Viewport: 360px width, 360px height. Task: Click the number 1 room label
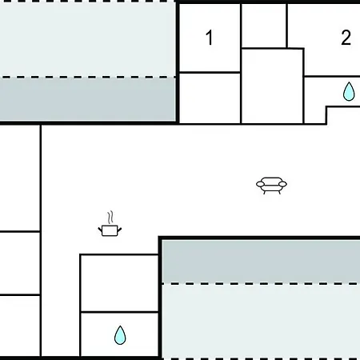[x=210, y=38]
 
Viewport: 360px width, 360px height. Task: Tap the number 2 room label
[x=346, y=38]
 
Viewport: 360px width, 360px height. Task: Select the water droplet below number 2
[x=349, y=91]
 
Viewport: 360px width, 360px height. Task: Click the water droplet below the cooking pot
[x=120, y=335]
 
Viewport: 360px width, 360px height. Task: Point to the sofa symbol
[x=271, y=186]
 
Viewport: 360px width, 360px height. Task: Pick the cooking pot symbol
[x=110, y=230]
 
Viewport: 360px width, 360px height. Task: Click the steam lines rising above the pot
[x=110, y=218]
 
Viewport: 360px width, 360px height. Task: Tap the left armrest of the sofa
[x=260, y=184]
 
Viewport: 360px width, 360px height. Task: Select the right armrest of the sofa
[x=282, y=184]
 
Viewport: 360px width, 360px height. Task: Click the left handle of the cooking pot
[x=100, y=230]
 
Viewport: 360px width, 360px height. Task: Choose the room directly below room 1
[x=210, y=98]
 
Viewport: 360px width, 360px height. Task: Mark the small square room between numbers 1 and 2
[x=264, y=26]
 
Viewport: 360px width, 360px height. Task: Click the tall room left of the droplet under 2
[x=272, y=86]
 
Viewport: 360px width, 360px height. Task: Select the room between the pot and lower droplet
[x=119, y=283]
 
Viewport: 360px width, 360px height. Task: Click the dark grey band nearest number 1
[x=87, y=100]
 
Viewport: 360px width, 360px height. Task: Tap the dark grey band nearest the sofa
[x=261, y=262]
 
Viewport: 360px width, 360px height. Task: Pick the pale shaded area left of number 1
[x=87, y=39]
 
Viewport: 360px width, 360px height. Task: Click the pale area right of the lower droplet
[x=261, y=322]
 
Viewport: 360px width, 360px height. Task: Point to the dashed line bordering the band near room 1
[x=87, y=78]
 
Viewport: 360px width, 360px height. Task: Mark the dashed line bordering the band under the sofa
[x=261, y=284]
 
